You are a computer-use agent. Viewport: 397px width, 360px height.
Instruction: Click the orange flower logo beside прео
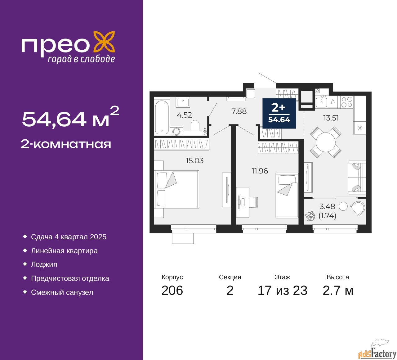104,43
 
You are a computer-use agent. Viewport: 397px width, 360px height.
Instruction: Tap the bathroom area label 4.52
184,115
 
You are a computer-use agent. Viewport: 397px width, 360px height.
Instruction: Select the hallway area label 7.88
239,111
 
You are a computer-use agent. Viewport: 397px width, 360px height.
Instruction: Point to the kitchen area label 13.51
331,118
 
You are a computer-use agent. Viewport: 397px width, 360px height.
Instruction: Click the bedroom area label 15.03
194,160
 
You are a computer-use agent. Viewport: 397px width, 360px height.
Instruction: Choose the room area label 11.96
260,171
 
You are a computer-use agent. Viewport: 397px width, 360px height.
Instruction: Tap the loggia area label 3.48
327,207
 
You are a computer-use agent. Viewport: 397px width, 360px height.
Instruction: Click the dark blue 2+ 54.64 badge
279,113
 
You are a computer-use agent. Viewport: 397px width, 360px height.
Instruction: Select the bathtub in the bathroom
162,117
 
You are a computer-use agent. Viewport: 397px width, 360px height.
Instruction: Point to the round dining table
326,142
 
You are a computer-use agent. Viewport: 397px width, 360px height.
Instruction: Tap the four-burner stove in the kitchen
347,102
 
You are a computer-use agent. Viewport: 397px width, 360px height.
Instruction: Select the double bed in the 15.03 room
176,189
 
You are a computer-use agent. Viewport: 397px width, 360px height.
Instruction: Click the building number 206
172,290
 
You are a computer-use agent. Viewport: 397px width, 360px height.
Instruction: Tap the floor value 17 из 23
283,290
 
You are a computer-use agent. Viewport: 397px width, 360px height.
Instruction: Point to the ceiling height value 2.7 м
338,290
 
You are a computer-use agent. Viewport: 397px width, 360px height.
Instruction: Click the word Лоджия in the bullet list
44,264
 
